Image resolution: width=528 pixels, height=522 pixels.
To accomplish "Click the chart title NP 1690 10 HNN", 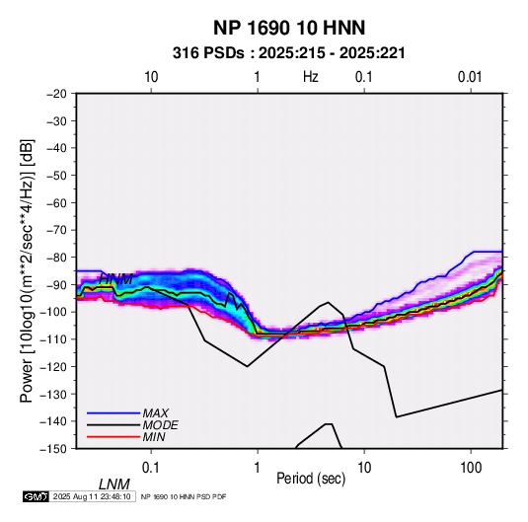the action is (289, 28).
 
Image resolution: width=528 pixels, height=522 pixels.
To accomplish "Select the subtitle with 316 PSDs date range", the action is (289, 53).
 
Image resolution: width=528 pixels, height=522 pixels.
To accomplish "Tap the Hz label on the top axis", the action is (311, 77).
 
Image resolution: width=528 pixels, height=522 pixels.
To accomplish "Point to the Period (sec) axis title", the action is (311, 479).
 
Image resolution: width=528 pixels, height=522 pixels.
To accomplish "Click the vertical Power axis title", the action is (27, 271).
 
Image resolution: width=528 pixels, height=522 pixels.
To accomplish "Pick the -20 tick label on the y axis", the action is (56, 94).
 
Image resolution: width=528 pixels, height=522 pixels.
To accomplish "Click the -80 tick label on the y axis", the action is (56, 258).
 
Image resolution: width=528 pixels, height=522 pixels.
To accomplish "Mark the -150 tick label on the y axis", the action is (54, 449).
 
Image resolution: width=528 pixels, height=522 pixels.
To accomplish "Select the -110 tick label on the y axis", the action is (54, 339).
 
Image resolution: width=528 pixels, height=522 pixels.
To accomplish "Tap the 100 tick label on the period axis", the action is (471, 468).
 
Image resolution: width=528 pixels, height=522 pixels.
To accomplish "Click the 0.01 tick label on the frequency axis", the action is (470, 77).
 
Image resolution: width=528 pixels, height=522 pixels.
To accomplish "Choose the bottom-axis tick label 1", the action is (258, 468).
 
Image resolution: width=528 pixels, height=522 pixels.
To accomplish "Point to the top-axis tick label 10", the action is (151, 77).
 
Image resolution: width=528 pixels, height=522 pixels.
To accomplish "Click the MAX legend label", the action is (156, 413).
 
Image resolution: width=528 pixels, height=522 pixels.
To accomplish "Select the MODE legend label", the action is (160, 425).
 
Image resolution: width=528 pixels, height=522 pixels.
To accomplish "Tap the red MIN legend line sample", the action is (113, 437).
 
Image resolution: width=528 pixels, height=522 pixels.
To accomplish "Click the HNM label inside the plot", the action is (116, 279).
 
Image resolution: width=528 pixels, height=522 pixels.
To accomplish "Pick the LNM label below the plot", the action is (114, 485).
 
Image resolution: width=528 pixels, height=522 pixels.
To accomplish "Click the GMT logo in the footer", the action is (37, 496).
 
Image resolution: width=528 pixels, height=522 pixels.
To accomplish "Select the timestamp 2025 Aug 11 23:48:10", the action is (92, 496).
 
